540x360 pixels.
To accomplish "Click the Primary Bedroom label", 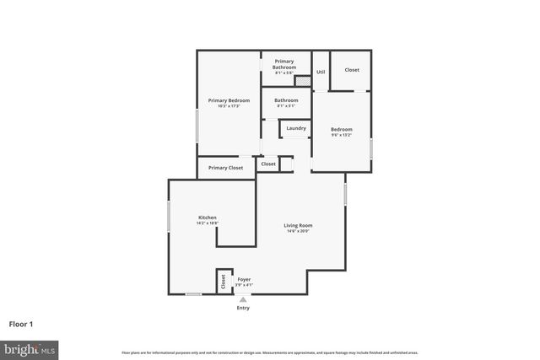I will (229, 100).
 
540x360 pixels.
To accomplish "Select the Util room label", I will (321, 73).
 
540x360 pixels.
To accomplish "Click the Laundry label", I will (295, 128).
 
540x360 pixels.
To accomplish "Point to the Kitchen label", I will (208, 218).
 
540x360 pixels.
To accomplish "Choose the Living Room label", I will (298, 225).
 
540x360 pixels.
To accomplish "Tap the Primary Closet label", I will (225, 168).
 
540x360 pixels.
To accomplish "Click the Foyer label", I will (244, 279).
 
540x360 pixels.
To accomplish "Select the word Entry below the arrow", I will (243, 308).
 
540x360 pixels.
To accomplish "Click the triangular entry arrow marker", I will (243, 299).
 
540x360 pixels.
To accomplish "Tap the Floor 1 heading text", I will (22, 323).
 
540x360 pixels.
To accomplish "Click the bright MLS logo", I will (30, 348).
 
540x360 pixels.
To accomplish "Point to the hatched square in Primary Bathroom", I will (300, 81).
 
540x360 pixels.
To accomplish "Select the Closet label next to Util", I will (352, 70).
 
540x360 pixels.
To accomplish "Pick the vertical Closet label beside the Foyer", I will (223, 282).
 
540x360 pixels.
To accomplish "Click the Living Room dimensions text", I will (298, 231).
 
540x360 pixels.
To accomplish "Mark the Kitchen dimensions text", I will (208, 223).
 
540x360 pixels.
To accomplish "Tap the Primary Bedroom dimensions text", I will (229, 106).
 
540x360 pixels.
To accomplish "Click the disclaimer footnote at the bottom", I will (269, 352).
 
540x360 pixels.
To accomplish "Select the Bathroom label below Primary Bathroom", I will (286, 100).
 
